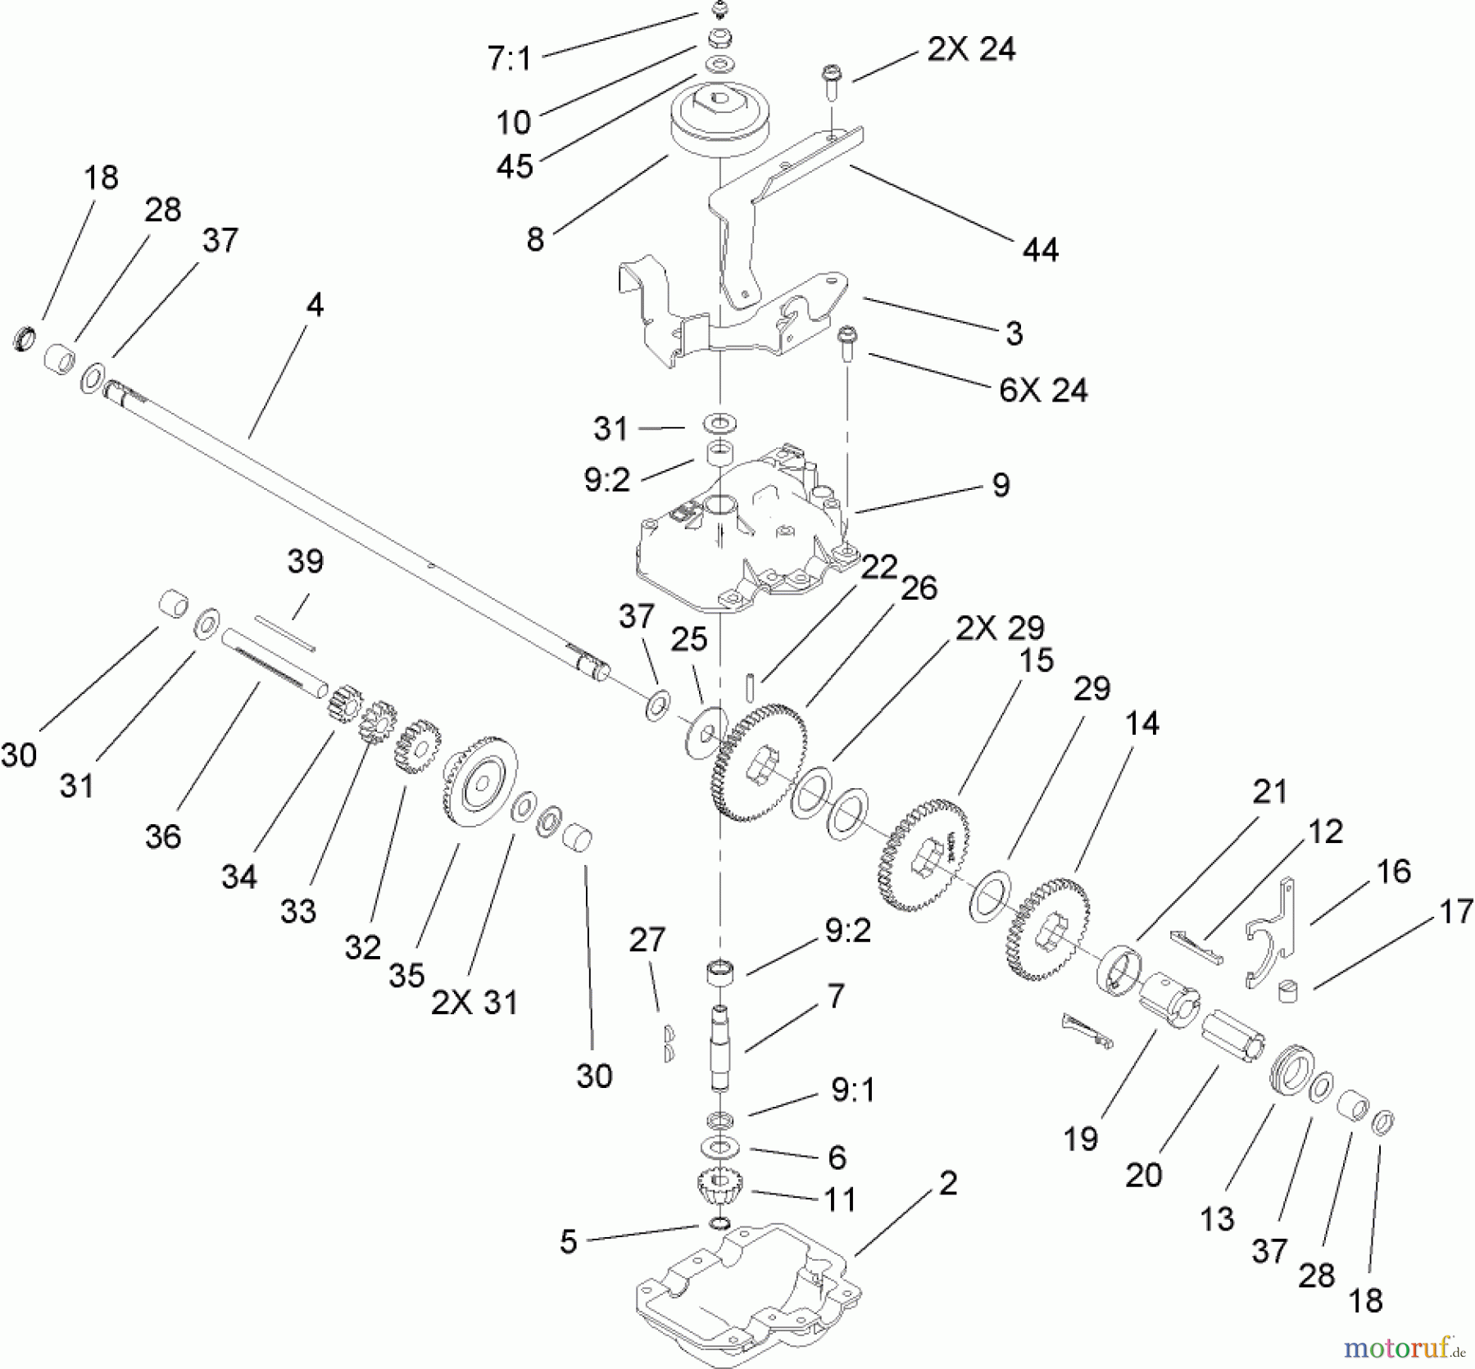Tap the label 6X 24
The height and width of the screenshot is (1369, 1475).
point(1042,390)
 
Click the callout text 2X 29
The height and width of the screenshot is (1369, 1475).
point(1000,628)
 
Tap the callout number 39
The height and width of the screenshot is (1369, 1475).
point(305,562)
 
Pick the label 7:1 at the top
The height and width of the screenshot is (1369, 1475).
point(510,59)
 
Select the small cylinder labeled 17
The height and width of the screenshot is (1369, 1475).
point(1290,990)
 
